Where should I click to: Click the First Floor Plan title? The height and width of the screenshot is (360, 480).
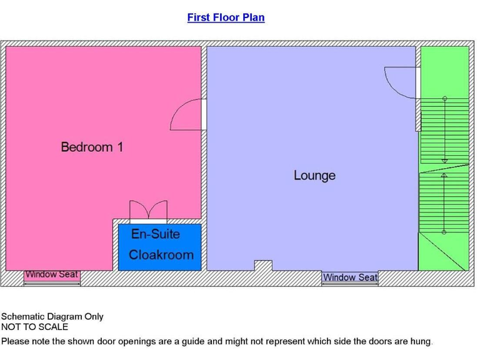coord(226,17)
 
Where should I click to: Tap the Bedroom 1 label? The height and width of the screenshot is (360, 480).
coord(92,147)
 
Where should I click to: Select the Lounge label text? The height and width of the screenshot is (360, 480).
coord(314,176)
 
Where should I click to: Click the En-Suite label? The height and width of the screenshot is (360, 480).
coord(156,234)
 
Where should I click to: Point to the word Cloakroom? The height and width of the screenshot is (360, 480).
coord(161,255)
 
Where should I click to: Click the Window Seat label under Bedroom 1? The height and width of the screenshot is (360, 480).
coord(52,275)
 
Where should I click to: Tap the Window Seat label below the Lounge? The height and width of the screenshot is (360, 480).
coord(350,277)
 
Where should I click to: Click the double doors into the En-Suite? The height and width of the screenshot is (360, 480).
coord(148,212)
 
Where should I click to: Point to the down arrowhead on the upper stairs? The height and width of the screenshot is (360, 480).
coord(444,161)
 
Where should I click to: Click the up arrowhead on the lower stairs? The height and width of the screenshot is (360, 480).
coord(444,176)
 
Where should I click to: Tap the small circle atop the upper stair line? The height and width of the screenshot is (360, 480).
coord(444,99)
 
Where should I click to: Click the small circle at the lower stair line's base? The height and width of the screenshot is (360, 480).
coord(444,232)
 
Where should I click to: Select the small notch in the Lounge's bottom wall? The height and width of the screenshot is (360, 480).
coord(263,266)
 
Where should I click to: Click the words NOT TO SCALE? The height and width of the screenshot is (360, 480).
coord(34,327)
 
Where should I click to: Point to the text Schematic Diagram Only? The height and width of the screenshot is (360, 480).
coord(52,317)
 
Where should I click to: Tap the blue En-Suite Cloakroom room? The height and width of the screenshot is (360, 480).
coord(160,247)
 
